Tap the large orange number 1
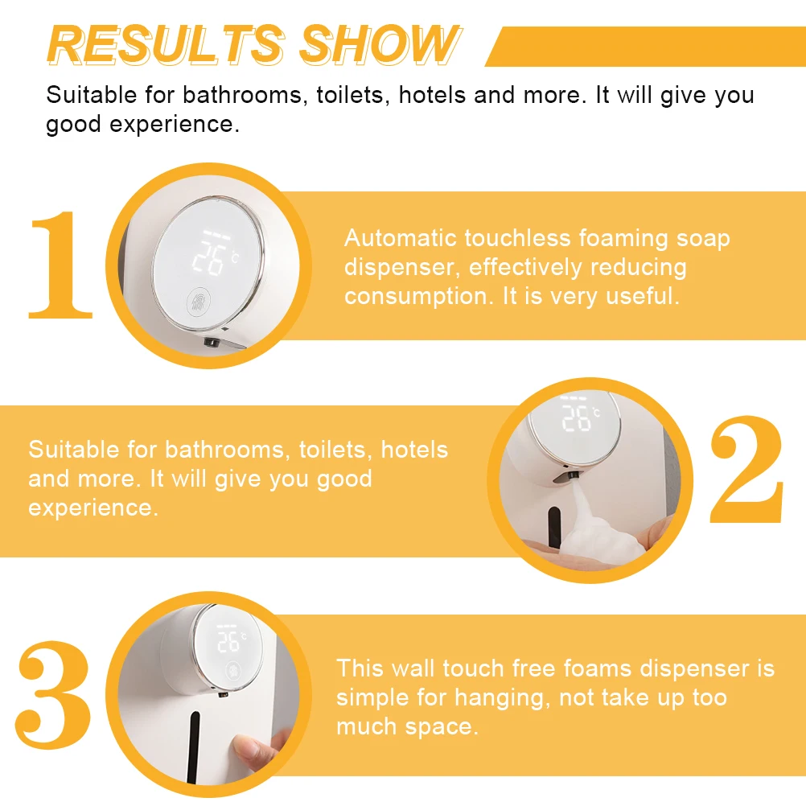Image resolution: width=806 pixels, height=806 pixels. pyautogui.click(x=60, y=265)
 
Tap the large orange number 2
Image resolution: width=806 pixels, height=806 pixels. pyautogui.click(x=746, y=471)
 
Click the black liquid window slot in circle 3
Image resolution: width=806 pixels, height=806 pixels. pyautogui.click(x=194, y=744)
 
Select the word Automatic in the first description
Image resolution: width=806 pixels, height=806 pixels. pyautogui.click(x=401, y=239)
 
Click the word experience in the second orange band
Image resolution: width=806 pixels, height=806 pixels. pyautogui.click(x=90, y=508)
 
